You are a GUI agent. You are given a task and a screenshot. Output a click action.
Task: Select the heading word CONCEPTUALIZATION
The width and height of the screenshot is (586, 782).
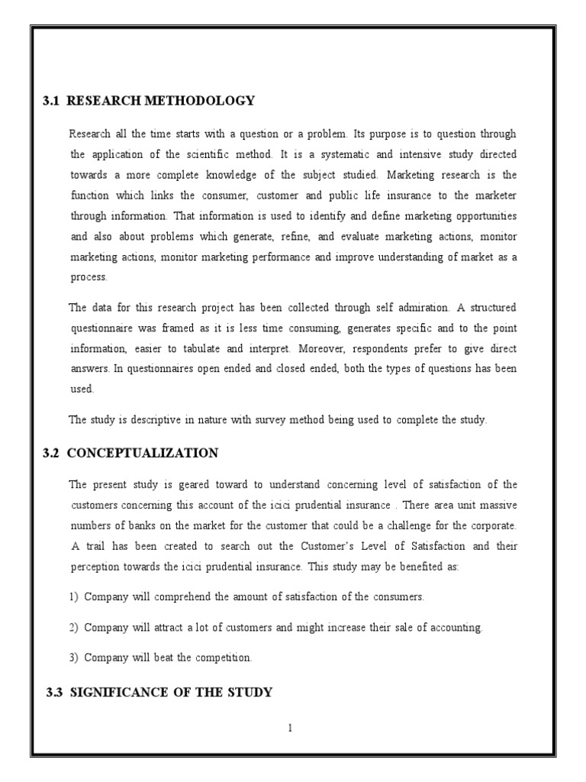tap(143, 453)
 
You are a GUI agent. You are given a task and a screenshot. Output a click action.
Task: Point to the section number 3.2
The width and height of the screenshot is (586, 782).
tap(51, 453)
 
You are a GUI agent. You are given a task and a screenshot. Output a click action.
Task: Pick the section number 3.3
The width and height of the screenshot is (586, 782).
tap(55, 693)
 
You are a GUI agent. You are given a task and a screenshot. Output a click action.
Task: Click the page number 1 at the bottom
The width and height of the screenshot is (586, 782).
tap(291, 728)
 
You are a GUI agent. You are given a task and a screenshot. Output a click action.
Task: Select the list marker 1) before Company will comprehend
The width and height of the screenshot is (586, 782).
tap(74, 596)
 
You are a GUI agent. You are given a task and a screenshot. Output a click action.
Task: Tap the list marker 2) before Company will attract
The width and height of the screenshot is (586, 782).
tap(74, 627)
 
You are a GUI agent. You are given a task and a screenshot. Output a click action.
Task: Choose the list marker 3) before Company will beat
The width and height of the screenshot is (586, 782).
tap(74, 658)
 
